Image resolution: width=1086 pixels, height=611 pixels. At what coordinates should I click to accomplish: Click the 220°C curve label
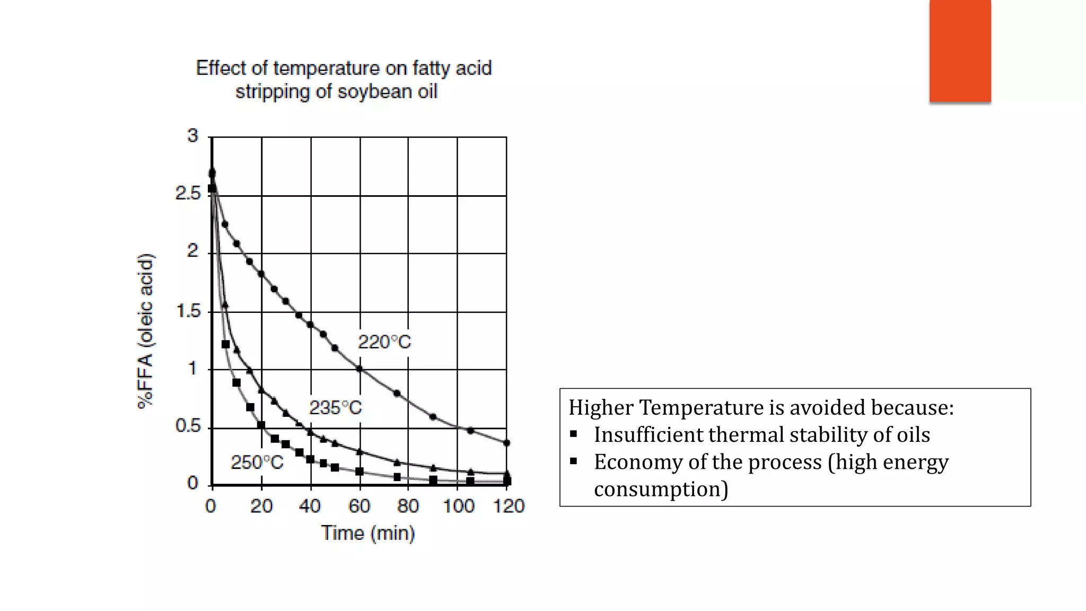coord(384,342)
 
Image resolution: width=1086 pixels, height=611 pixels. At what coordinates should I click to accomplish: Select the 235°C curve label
coord(335,408)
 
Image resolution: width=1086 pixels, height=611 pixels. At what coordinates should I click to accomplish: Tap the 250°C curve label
coord(257,462)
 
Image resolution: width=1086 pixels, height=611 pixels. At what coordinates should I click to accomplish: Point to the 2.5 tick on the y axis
coord(188,194)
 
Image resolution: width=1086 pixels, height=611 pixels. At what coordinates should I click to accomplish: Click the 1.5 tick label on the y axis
coord(188,311)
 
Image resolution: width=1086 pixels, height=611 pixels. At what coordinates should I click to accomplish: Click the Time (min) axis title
coord(367,533)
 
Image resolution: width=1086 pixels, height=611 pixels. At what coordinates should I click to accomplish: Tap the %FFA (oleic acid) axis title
coord(145,331)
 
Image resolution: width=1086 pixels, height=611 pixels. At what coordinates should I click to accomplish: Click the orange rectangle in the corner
coord(960,50)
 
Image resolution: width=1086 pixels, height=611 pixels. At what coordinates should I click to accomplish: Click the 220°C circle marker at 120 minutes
coord(506,443)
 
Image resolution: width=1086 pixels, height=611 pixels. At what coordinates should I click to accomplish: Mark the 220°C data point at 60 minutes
coord(360,369)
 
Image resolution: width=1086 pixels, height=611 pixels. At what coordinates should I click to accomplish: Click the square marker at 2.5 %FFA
coord(212,188)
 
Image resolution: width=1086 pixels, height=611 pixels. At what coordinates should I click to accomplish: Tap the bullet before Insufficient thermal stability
coord(573,434)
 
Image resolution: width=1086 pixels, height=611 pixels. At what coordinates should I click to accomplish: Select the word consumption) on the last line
coord(661,489)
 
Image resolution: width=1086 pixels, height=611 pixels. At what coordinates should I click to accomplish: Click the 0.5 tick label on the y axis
coord(188,426)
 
